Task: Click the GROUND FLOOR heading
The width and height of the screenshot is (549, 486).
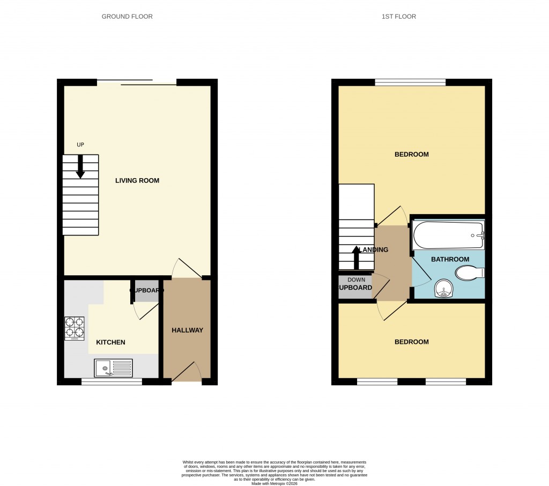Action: (127, 17)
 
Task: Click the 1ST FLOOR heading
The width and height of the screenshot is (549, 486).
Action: (398, 17)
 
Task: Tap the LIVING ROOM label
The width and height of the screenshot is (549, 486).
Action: (137, 180)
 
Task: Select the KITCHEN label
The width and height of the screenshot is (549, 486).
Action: (110, 342)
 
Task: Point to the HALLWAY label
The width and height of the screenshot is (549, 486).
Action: (187, 330)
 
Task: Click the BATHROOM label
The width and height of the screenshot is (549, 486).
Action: (450, 259)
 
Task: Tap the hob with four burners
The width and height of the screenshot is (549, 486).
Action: (75, 328)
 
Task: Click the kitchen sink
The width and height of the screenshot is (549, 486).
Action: (113, 368)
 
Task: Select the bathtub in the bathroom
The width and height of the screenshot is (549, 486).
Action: (448, 235)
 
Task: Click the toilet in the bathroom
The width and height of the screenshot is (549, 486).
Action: (470, 273)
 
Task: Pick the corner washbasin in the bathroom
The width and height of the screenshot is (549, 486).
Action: (444, 289)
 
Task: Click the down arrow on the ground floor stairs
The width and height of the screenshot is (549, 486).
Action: (80, 166)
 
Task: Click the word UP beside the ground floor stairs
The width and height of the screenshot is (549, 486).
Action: (80, 144)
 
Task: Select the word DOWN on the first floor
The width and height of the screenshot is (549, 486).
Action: (356, 279)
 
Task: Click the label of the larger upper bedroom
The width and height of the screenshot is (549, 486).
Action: (411, 154)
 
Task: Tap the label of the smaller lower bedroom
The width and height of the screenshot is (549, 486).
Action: (411, 342)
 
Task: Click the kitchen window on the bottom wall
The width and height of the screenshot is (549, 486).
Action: (112, 381)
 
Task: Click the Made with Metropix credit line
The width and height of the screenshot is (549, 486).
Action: (274, 483)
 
